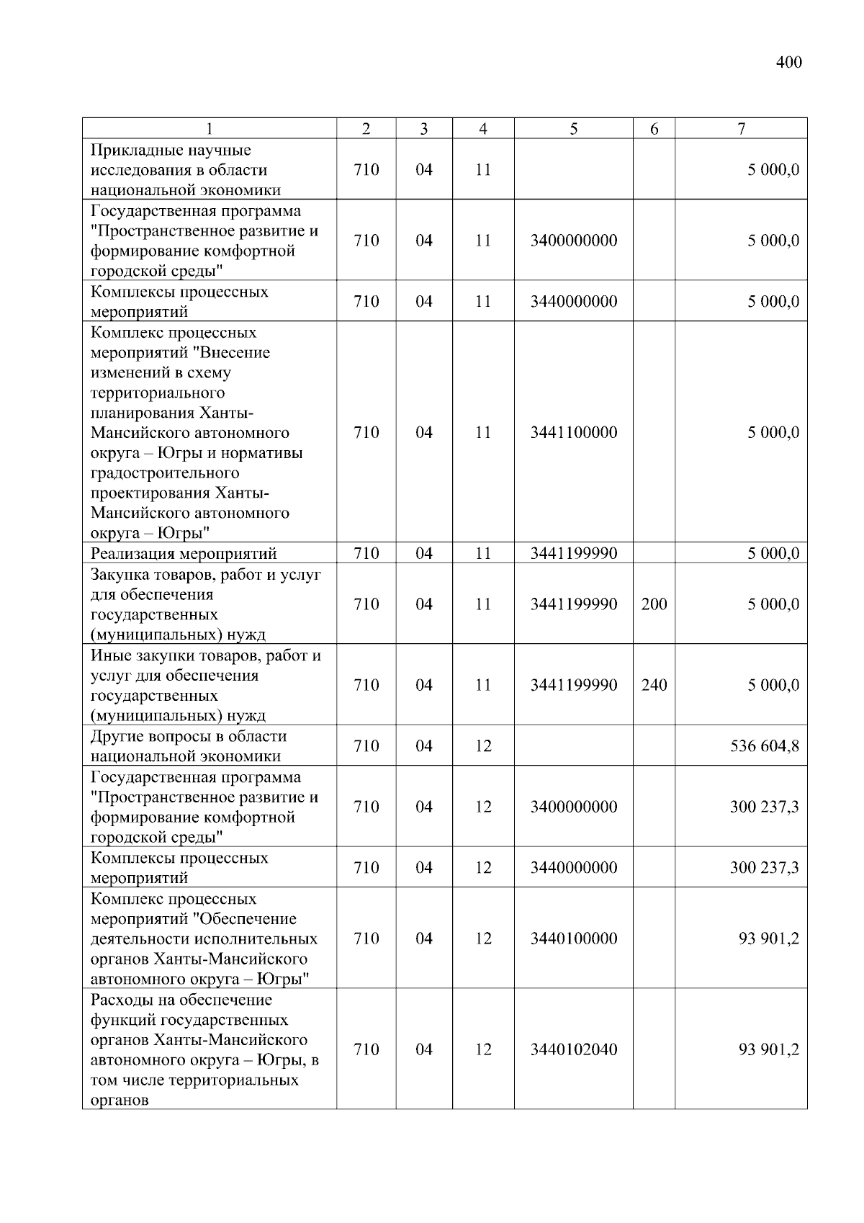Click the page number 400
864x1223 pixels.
click(788, 63)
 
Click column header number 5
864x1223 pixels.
click(573, 129)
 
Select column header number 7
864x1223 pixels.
click(741, 129)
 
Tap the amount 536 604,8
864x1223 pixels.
click(765, 746)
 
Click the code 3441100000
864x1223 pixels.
click(573, 433)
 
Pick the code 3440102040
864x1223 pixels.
click(573, 1050)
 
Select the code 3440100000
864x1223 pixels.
click(573, 938)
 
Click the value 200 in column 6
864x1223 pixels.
click(654, 604)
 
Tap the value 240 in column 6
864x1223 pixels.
click(654, 685)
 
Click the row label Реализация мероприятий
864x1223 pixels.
click(184, 554)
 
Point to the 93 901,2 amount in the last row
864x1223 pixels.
click(769, 1050)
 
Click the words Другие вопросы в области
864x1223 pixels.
click(189, 737)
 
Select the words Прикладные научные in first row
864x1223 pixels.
click(171, 151)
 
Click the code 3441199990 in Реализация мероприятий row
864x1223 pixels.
click(573, 554)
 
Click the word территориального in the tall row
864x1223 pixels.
click(158, 393)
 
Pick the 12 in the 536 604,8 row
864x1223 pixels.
click(482, 746)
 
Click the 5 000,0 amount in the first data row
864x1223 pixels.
click(773, 171)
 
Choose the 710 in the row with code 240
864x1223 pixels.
click(366, 685)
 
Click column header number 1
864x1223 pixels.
click(209, 129)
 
